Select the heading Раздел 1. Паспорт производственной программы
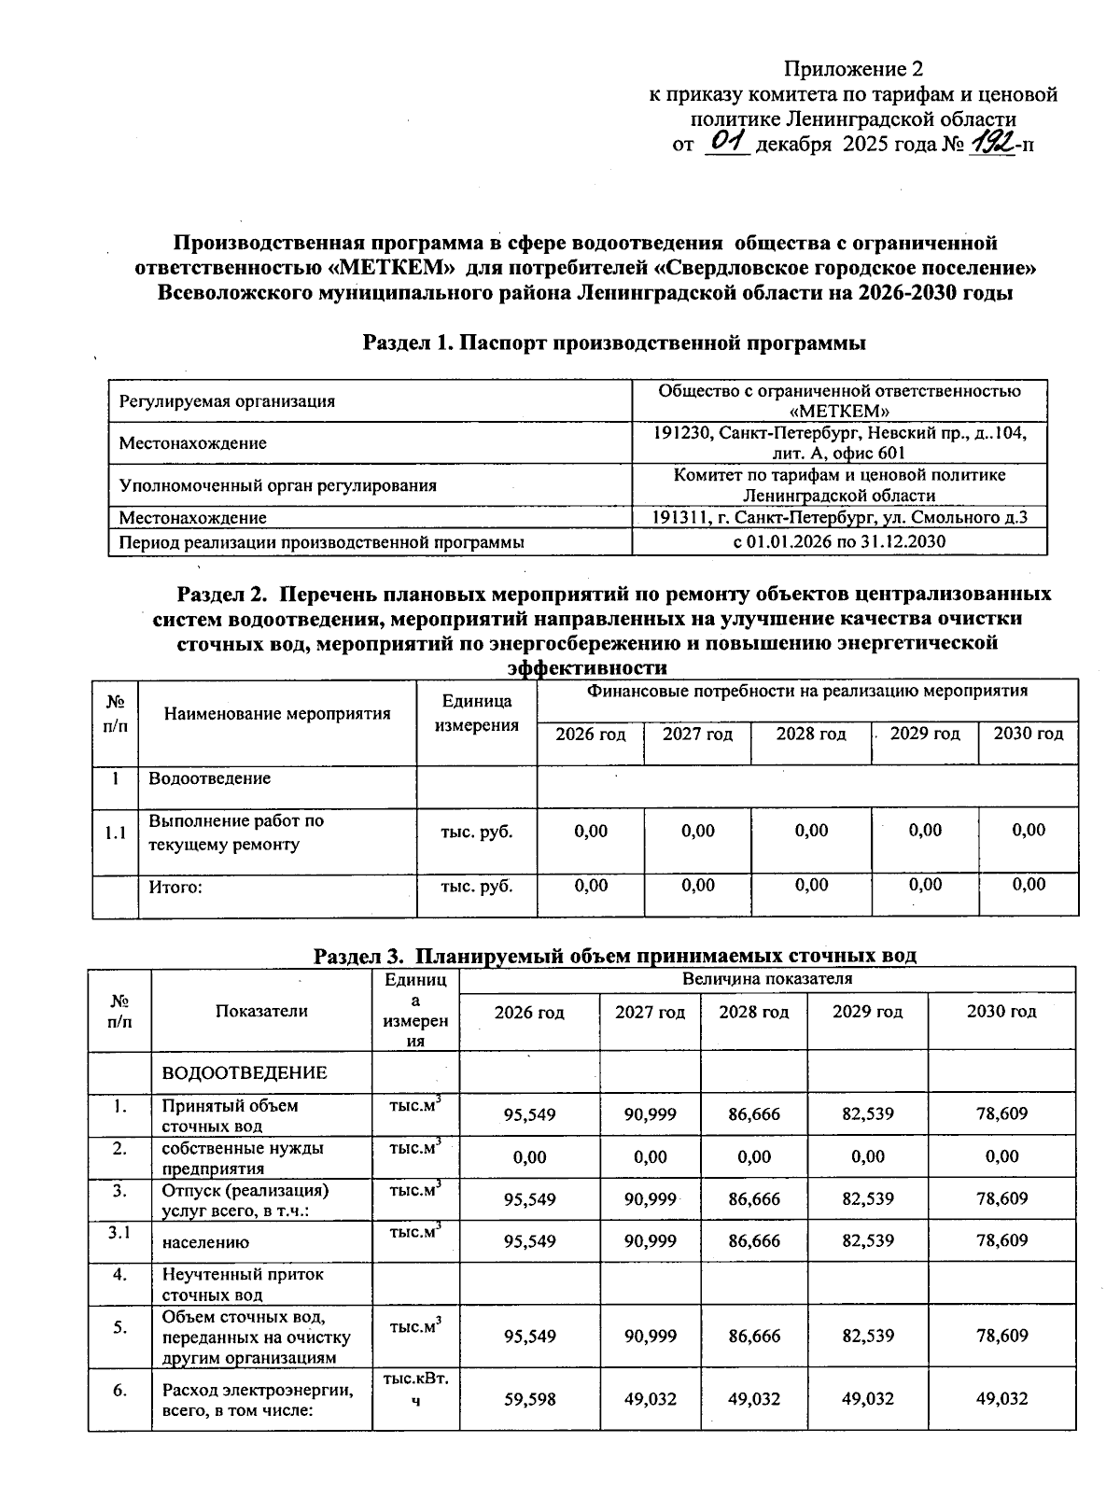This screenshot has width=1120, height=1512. tap(614, 343)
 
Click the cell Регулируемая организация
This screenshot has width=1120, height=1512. tap(227, 401)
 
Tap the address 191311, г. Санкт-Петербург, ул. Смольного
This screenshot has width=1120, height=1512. tap(839, 517)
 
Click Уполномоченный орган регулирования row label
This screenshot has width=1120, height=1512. tap(277, 485)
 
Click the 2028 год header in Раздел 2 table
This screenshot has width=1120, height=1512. tap(811, 734)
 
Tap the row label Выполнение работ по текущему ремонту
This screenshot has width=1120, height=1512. tap(237, 833)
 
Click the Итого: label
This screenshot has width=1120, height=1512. tap(175, 887)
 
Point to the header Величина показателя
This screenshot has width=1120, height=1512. tap(767, 979)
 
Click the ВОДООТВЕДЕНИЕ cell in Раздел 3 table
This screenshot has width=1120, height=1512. tap(245, 1072)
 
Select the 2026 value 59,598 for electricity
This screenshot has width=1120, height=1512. tap(529, 1398)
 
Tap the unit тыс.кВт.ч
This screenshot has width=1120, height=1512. tap(415, 1389)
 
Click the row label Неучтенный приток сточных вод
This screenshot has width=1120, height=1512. tap(243, 1284)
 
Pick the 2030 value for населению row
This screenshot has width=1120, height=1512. tap(1001, 1240)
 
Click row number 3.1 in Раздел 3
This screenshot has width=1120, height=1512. tap(119, 1234)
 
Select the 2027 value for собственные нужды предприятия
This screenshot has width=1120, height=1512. tap(650, 1157)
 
